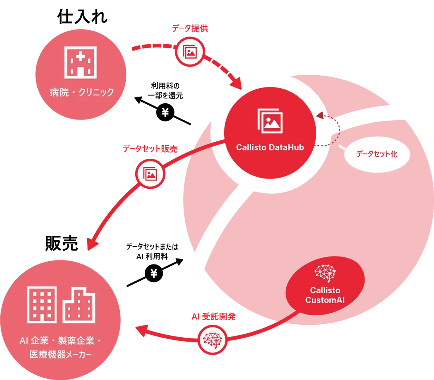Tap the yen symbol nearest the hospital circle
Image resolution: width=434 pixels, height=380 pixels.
coord(165,113)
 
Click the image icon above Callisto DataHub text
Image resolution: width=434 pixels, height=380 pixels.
coord(270,120)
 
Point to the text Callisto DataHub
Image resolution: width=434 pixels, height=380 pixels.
coord(270,147)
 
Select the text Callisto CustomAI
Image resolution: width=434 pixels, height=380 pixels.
coord(325,295)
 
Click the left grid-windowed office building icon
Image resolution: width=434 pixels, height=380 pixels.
coord(42,304)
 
